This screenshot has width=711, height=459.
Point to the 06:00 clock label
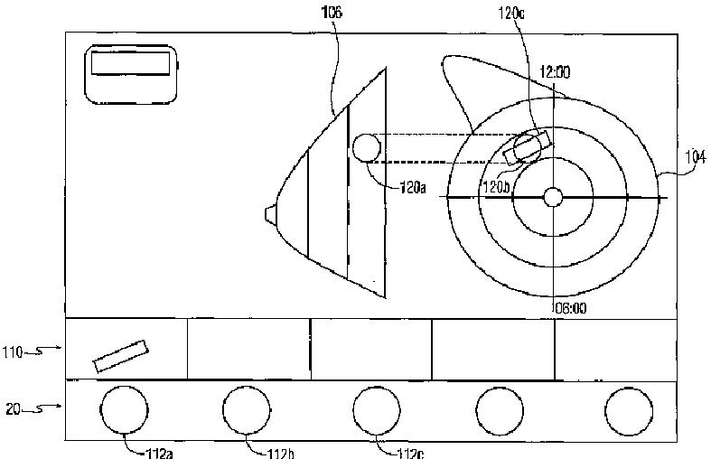(570, 307)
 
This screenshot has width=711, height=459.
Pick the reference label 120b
(497, 186)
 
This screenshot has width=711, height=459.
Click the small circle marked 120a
(366, 147)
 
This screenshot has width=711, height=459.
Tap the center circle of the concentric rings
(554, 197)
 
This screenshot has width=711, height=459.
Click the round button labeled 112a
(125, 410)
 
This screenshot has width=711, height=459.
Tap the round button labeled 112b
(248, 410)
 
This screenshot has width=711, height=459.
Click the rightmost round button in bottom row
(629, 410)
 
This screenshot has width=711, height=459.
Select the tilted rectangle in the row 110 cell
(120, 355)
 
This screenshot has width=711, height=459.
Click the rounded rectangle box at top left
(133, 72)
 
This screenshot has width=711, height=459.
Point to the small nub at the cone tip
(269, 213)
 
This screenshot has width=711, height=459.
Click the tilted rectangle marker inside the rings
(526, 147)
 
